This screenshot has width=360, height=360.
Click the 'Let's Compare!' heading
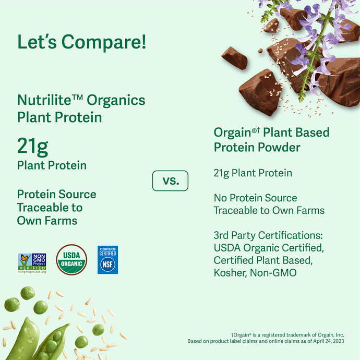click(82, 42)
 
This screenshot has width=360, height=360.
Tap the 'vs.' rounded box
click(170, 181)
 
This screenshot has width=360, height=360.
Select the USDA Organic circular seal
click(72, 260)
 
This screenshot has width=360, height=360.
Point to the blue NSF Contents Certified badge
click(107, 260)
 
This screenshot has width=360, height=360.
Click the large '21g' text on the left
click(32, 147)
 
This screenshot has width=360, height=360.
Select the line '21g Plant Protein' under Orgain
click(253, 173)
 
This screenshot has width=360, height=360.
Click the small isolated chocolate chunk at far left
click(234, 57)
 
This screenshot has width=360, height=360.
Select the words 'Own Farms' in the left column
click(47, 220)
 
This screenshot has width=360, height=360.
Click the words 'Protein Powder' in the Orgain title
click(257, 148)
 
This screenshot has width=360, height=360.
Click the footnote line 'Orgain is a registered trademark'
click(294, 334)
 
